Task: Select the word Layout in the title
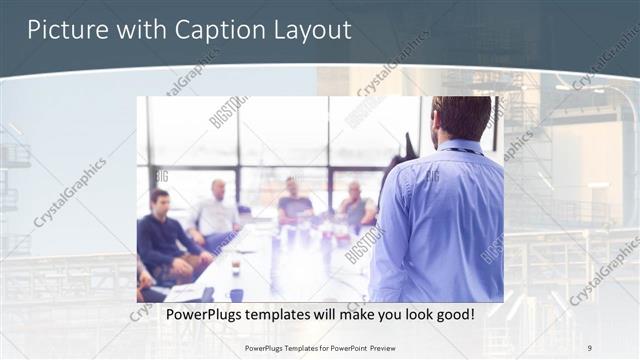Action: click(311, 30)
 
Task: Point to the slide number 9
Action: click(589, 347)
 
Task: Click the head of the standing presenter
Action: click(460, 118)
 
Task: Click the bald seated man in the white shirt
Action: click(217, 212)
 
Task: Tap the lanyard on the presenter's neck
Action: click(463, 151)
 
